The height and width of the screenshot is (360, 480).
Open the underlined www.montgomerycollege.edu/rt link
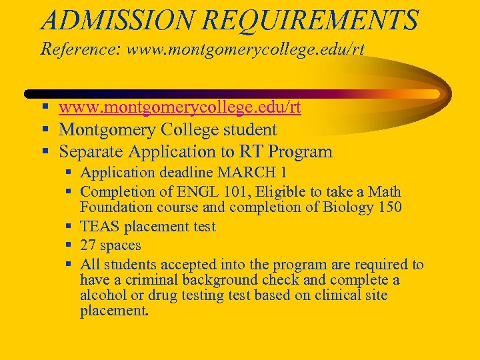tap(180, 107)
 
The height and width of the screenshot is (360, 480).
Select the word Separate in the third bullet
tap(93, 151)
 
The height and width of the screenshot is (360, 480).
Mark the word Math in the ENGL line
tap(386, 192)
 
